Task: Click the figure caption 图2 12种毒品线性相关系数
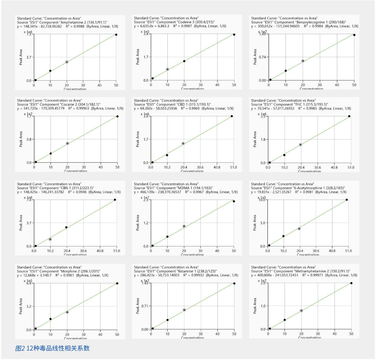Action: pos(52,348)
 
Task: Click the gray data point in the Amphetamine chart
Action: pos(67,62)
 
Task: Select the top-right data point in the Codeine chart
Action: pos(234,34)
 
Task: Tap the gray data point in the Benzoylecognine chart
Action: pos(303,61)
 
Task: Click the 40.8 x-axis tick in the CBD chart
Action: pos(217,167)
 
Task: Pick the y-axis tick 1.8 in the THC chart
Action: pos(262,139)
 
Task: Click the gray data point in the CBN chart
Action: pos(50,239)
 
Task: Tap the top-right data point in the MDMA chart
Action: pos(234,201)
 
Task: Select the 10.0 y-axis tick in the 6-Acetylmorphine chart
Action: pos(262,200)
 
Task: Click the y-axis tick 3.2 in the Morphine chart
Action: pos(28,306)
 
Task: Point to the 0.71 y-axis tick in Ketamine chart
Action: pos(144,306)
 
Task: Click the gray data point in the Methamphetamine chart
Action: pos(301,310)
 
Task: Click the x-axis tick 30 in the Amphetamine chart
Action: pos(83,84)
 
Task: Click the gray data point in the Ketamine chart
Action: pos(184,310)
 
